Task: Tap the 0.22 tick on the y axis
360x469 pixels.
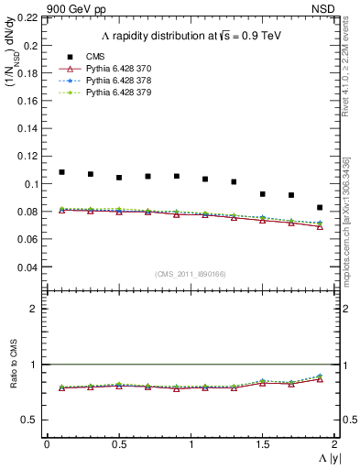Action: point(27,17)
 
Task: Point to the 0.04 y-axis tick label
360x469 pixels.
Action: point(27,267)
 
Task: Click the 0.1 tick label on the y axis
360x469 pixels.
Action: point(31,184)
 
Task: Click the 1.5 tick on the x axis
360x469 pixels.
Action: point(262,444)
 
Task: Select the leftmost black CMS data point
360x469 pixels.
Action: point(61,172)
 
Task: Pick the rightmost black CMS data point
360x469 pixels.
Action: point(320,208)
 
